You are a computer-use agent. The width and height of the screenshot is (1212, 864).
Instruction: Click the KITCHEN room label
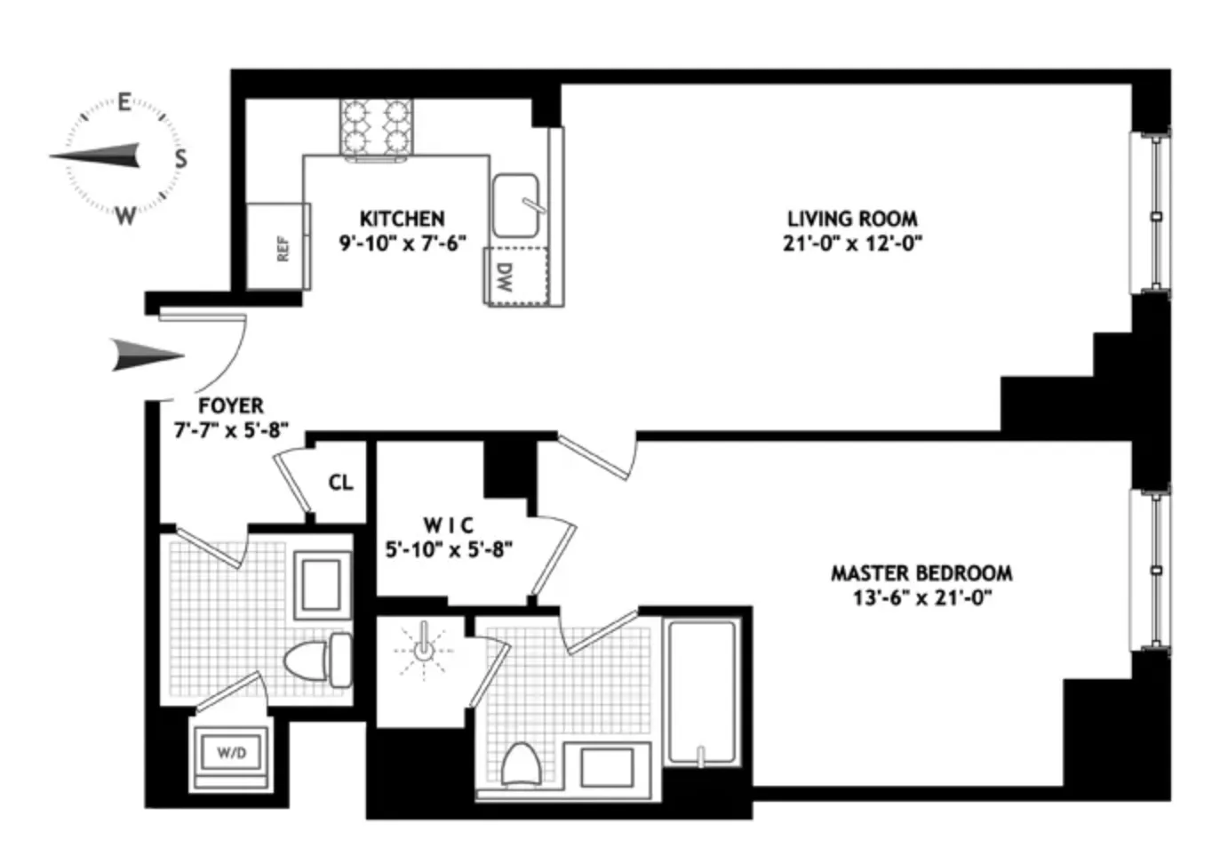[x=402, y=219]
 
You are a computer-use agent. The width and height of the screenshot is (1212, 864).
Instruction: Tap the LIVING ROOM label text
[x=852, y=219]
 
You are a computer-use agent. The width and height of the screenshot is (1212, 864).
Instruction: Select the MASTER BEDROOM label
[x=921, y=573]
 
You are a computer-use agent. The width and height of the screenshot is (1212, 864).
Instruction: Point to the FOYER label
[x=230, y=406]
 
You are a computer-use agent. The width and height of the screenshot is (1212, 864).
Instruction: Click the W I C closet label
[x=449, y=525]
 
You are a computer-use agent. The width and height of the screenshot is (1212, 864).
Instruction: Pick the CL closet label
[x=340, y=483]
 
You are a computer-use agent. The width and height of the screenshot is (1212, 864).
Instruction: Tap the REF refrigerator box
[x=279, y=247]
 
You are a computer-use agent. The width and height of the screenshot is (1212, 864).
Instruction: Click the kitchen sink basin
[x=516, y=205]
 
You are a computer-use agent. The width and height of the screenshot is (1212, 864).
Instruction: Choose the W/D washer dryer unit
[x=231, y=753]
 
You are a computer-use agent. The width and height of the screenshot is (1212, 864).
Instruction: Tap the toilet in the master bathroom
[x=522, y=764]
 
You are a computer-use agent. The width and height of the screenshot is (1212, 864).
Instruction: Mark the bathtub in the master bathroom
[x=702, y=692]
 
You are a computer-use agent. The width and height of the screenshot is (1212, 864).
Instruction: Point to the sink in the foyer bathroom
[x=323, y=586]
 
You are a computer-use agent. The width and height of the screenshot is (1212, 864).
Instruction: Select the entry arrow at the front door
[x=147, y=355]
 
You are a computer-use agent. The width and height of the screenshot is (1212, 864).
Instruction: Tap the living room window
[x=1154, y=214]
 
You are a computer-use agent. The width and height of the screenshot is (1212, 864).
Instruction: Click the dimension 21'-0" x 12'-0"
[x=852, y=243]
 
